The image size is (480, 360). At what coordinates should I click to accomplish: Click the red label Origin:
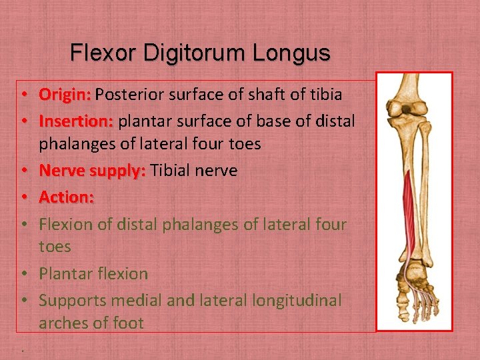pos(65,95)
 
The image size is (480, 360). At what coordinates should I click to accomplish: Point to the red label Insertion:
pos(76,121)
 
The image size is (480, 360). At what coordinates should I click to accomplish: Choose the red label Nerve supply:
pos(92,171)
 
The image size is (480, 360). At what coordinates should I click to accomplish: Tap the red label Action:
pos(66,197)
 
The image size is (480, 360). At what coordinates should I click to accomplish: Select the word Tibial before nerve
pos(172,171)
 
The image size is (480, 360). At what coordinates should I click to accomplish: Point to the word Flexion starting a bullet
pos(66,224)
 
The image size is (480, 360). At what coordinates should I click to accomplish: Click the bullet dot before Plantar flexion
pos(23,274)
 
